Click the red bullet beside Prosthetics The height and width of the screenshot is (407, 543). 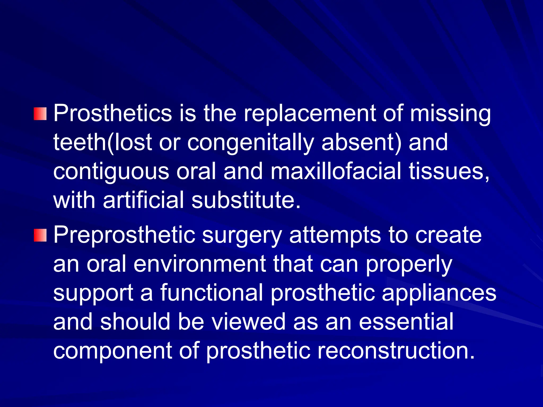(x=40, y=114)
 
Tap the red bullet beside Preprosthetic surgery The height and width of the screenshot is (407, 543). (x=40, y=235)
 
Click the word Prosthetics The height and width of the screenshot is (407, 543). (x=113, y=114)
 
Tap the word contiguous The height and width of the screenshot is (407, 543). (x=111, y=171)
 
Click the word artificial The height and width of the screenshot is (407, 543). (x=143, y=200)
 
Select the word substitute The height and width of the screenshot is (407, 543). (x=246, y=200)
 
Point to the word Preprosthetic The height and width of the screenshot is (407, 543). (x=124, y=235)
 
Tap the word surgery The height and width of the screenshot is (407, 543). (x=242, y=235)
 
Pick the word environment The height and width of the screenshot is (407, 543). (x=200, y=264)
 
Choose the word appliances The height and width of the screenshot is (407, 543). (x=439, y=293)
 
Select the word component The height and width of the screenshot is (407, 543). (x=113, y=351)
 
